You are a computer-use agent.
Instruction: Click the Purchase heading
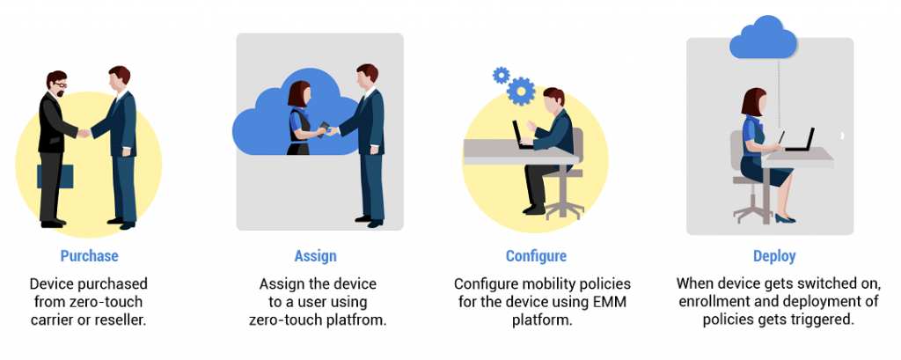coord(89,256)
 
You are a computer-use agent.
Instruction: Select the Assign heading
coord(315,256)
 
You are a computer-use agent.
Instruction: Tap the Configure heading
coord(536,256)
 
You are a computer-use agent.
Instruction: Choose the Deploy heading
coord(774,256)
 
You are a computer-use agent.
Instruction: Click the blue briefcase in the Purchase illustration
coord(54,176)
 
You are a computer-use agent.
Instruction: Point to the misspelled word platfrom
coord(352,319)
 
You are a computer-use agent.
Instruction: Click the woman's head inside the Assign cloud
coord(300,93)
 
